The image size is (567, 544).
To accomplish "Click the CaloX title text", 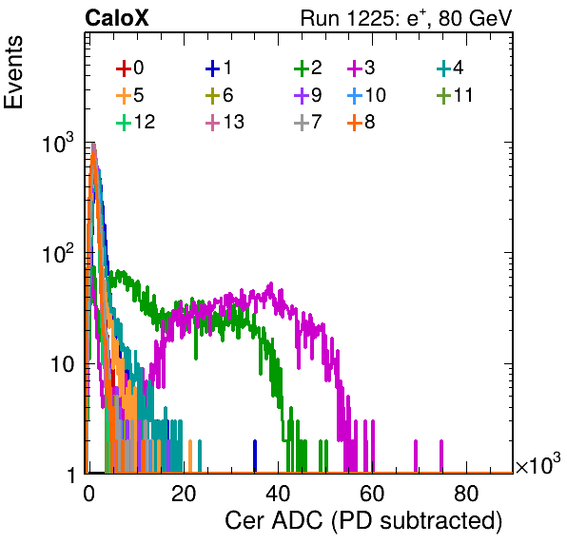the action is (x=117, y=18).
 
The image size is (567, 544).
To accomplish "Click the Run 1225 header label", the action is (x=406, y=18).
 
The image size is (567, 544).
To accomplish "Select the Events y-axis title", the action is (x=13, y=72).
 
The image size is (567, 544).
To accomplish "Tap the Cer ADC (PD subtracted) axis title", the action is (x=363, y=521).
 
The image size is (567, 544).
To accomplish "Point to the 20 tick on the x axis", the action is (x=184, y=494).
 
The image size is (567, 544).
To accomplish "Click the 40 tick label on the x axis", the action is (x=278, y=494).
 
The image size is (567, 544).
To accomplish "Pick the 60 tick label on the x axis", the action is (x=372, y=494).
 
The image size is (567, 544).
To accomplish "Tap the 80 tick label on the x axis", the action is (x=466, y=494).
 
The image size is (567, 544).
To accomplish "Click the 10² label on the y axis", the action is (x=58, y=253).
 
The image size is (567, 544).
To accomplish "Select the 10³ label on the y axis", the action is (x=58, y=143).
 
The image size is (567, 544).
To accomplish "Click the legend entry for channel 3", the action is (x=362, y=68).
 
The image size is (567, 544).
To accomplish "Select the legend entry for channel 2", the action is (x=308, y=68).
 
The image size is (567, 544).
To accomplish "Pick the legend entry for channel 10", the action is (x=366, y=95).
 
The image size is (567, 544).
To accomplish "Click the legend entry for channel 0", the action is (x=129, y=68).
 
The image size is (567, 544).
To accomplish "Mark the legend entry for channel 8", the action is (x=362, y=122).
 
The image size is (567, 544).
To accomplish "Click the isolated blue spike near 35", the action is (x=255, y=457).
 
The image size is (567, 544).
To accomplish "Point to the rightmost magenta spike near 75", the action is (x=441, y=457).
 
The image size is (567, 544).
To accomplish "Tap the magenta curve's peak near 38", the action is (x=271, y=284).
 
